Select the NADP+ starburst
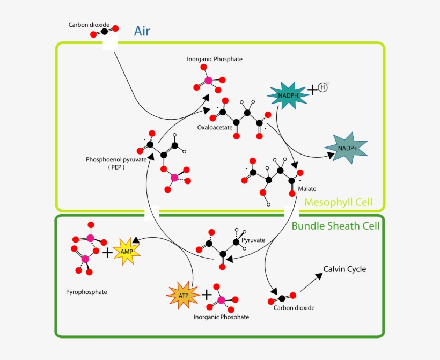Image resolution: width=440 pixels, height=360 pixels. coord(346,148)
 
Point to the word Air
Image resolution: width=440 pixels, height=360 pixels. coord(142,31)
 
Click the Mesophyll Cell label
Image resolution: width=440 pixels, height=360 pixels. coord(338,203)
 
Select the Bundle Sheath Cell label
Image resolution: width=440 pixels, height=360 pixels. coord(335,226)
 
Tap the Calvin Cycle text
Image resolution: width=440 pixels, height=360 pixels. coord(344,269)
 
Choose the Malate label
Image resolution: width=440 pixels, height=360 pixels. coord(307,189)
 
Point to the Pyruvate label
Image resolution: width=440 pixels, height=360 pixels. coord(253,240)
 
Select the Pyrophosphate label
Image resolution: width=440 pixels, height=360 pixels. coord(86,292)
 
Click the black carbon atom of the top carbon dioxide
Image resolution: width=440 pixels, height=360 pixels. coord(102,31)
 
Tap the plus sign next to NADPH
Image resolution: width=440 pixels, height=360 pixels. coord(312,89)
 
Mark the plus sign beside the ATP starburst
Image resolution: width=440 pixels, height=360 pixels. coord(207,294)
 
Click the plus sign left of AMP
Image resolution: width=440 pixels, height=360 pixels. coord(108,252)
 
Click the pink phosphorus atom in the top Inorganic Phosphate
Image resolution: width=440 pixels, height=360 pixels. coord(208,81)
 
